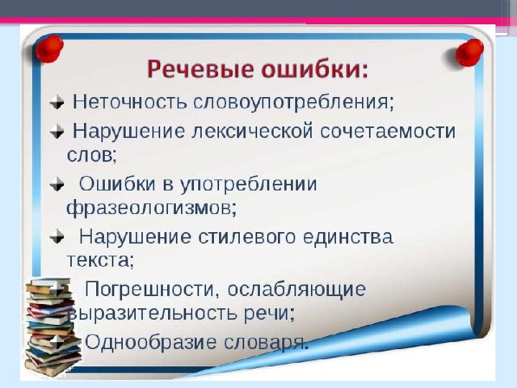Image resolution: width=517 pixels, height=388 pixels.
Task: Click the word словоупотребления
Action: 293,103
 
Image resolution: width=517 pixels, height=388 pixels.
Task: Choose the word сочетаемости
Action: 388,131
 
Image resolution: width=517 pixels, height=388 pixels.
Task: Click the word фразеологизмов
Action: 152,209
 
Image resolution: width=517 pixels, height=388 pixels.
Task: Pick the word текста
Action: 100,260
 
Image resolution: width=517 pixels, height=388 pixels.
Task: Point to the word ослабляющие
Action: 296,290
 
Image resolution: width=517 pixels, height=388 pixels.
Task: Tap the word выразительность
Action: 152,313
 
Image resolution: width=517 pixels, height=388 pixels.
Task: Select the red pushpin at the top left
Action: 49,48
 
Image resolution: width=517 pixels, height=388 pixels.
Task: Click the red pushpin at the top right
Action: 469,52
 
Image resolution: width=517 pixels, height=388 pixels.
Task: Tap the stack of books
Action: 52,327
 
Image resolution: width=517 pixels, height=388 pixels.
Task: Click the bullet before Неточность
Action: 57,102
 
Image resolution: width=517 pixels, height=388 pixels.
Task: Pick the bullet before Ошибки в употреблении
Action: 57,184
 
